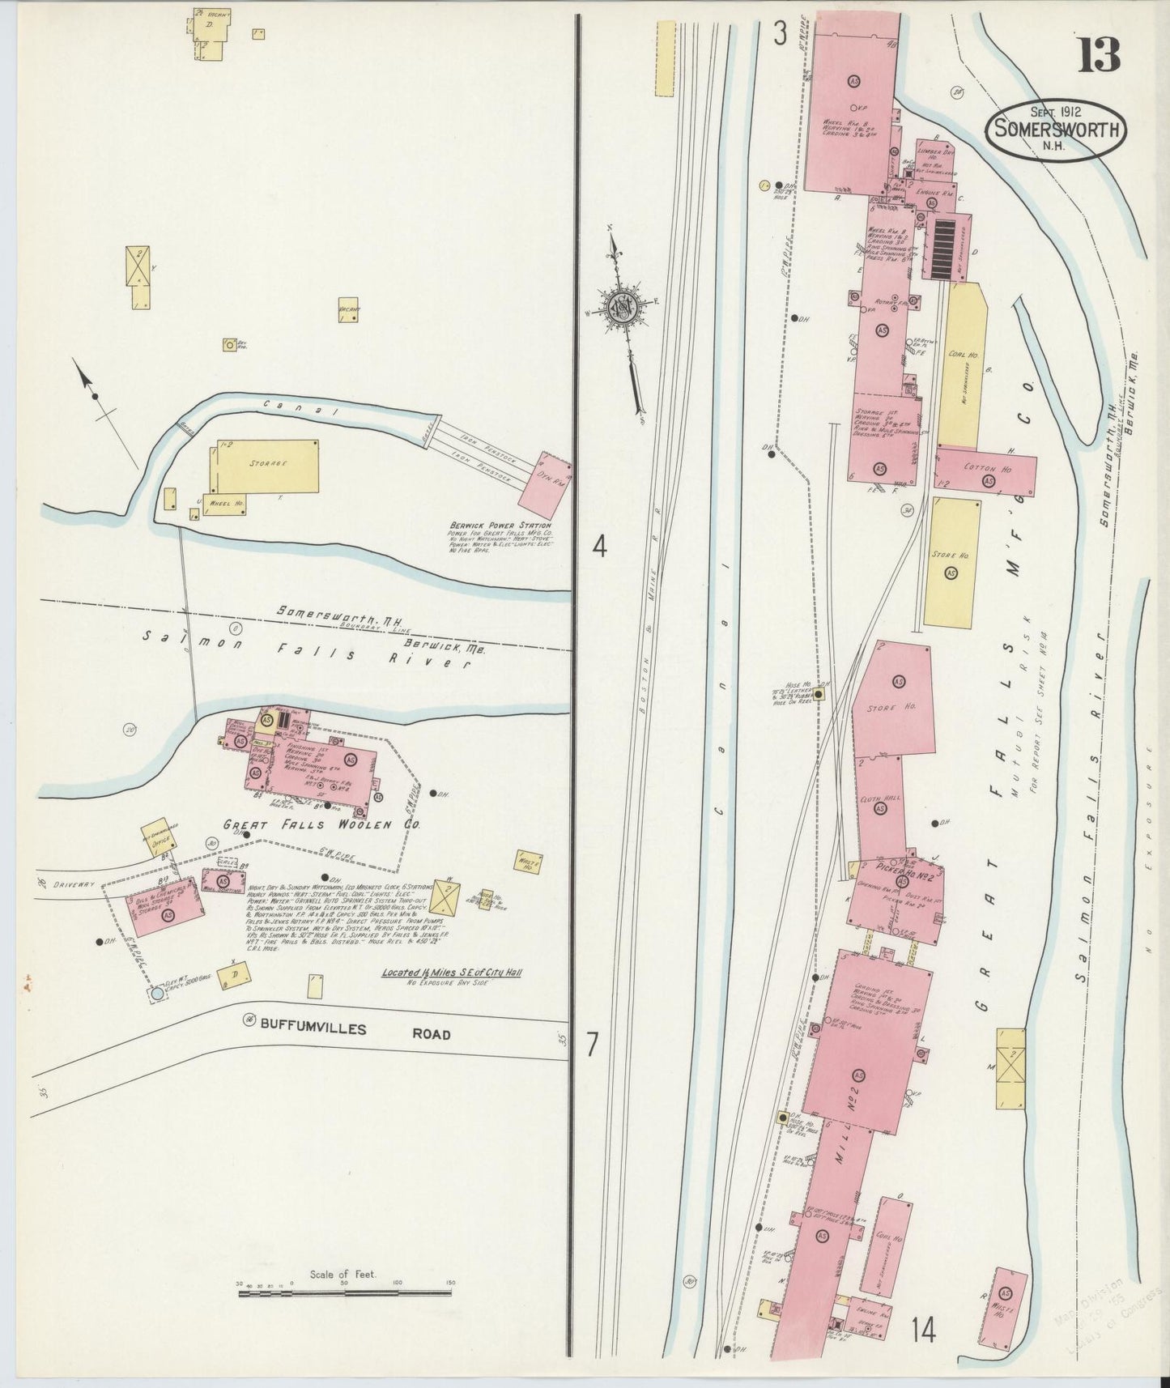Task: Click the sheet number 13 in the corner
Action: click(1098, 54)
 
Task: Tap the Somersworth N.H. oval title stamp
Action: click(1056, 128)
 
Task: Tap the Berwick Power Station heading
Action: click(500, 526)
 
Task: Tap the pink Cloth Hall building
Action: click(879, 806)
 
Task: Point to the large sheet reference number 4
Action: click(598, 547)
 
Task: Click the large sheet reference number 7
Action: click(592, 1045)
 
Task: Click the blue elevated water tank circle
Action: click(156, 993)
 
